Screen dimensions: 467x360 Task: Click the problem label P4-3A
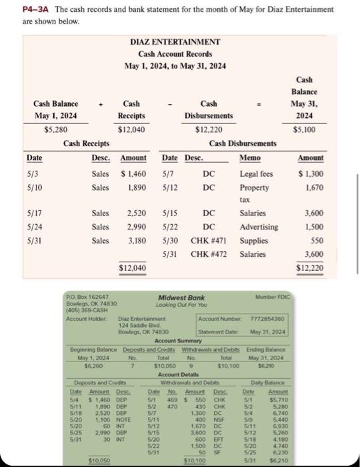[19, 9]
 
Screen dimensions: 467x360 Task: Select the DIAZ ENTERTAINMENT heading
[177, 41]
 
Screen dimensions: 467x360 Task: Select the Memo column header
[249, 157]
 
